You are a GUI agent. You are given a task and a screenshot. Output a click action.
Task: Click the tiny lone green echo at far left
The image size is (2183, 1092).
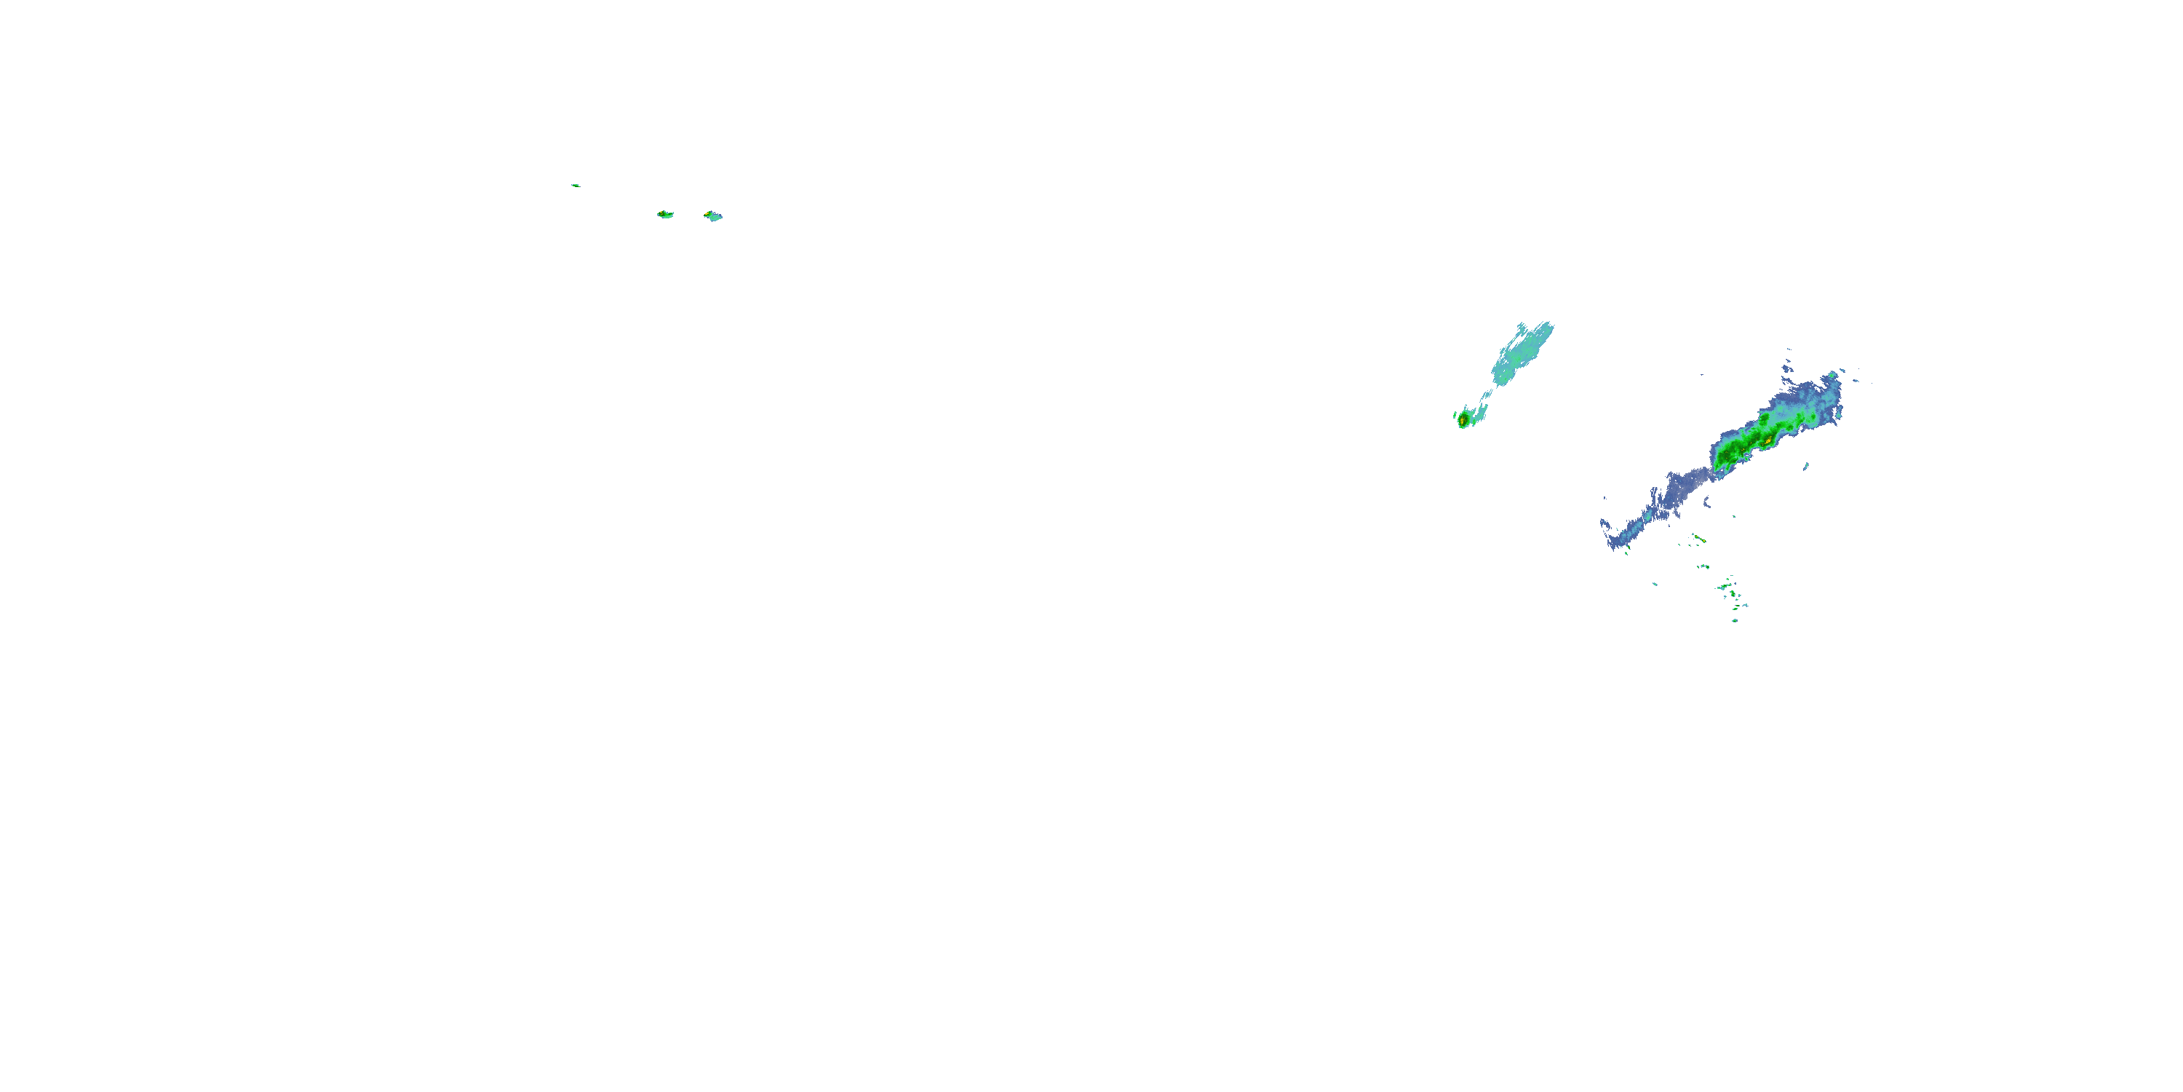point(576,185)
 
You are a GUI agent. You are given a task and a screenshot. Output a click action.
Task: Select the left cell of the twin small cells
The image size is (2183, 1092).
point(665,215)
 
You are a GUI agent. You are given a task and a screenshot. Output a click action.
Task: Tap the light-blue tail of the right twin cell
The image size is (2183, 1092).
point(717,218)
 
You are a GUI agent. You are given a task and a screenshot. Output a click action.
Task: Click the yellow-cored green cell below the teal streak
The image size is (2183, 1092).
point(1463,419)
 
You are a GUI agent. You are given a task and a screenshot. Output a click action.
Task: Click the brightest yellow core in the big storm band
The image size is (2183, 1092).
point(1767,441)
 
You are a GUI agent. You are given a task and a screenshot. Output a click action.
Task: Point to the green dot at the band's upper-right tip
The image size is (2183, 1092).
point(1833,375)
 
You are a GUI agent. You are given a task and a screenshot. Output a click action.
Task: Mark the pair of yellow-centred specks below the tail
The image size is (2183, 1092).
point(1699,539)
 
